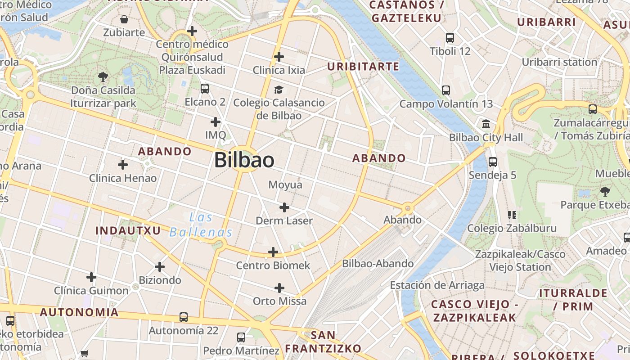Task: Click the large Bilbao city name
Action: pyautogui.click(x=244, y=160)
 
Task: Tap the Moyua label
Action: pyautogui.click(x=285, y=185)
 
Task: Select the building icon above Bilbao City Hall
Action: pyautogui.click(x=486, y=124)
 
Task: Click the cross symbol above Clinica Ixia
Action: pyautogui.click(x=279, y=57)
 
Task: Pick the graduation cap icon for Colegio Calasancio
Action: pyautogui.click(x=279, y=90)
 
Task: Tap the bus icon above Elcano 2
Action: pyautogui.click(x=205, y=89)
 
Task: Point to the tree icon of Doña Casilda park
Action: pyautogui.click(x=103, y=77)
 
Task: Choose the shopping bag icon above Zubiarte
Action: pyautogui.click(x=124, y=19)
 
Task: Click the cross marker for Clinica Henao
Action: pyautogui.click(x=123, y=165)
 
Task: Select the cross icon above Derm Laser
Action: pyautogui.click(x=284, y=207)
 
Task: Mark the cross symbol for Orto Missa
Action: pyautogui.click(x=279, y=288)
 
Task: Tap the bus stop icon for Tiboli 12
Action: pyautogui.click(x=450, y=38)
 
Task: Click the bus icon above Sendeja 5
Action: pyautogui.click(x=493, y=162)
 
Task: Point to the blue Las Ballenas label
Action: pyautogui.click(x=201, y=225)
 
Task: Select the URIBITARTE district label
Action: pyautogui.click(x=363, y=67)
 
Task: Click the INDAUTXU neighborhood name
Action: pyautogui.click(x=128, y=231)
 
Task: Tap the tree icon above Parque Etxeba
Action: pyautogui.click(x=605, y=192)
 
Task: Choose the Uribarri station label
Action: pyautogui.click(x=559, y=62)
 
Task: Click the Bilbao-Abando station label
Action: pyautogui.click(x=378, y=264)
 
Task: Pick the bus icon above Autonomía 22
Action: pyautogui.click(x=184, y=317)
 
